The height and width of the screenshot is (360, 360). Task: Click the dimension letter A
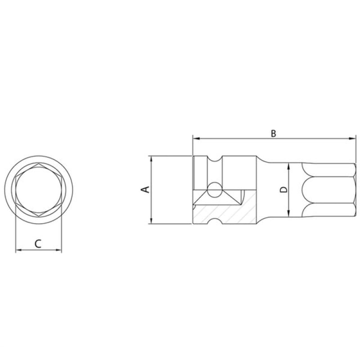tap(145, 189)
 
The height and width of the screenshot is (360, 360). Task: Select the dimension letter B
tap(273, 133)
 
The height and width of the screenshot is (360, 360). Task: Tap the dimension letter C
tap(38, 243)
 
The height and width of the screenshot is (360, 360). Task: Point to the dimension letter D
tap(284, 189)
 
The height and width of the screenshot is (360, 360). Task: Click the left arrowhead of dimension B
tap(196, 139)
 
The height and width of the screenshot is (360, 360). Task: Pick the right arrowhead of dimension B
tap(352, 139)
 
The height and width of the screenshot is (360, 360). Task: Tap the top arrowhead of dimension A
tap(151, 159)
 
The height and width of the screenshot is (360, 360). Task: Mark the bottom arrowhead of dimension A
tap(151, 220)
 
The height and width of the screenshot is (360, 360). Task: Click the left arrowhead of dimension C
tap(19, 250)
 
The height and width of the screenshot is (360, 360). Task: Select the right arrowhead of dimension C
tap(58, 250)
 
